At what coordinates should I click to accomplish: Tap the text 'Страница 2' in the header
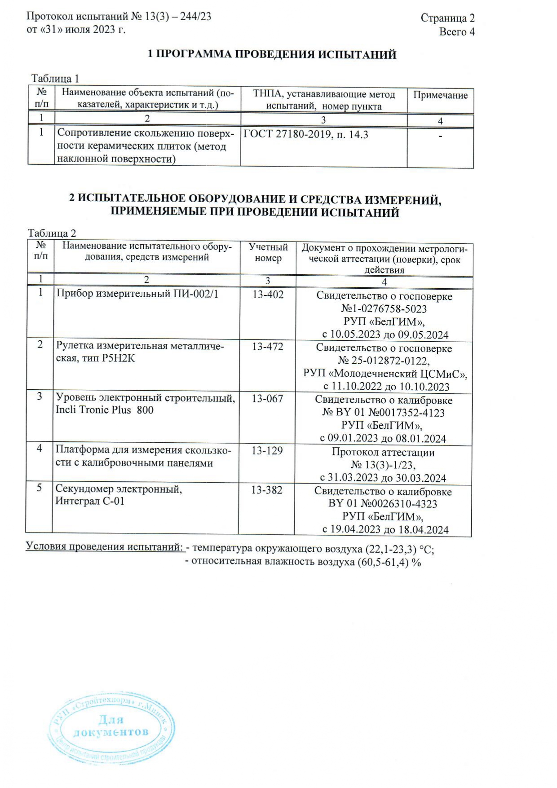point(447,18)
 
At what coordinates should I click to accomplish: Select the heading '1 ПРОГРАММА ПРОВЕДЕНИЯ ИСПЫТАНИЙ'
point(272,55)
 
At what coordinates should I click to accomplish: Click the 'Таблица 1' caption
point(55,79)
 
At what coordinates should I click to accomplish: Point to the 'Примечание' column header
point(440,95)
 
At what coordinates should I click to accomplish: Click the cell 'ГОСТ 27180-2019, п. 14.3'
point(305,135)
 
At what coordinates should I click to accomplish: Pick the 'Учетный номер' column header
point(268,253)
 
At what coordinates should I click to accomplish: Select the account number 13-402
point(268,295)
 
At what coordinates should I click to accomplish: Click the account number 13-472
point(268,347)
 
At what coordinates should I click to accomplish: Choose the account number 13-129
point(267,451)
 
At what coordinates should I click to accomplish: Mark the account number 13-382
point(267,490)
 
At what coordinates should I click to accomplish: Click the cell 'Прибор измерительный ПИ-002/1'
point(137,294)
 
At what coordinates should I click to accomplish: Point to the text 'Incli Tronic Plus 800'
point(104,410)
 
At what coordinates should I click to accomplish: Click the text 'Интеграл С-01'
point(89,501)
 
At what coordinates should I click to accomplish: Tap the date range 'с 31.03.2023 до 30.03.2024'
point(383,478)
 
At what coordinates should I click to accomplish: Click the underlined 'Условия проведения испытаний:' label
point(105,547)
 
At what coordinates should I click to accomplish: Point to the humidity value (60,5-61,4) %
point(389,562)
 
